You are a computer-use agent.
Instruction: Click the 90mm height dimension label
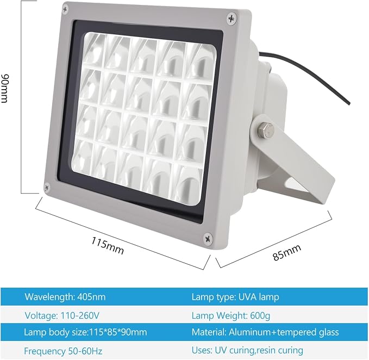pyautogui.click(x=5, y=89)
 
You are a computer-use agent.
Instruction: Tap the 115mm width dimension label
pyautogui.click(x=108, y=245)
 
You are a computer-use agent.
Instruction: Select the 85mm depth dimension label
pyautogui.click(x=287, y=253)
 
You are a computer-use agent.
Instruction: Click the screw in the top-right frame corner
pyautogui.click(x=232, y=18)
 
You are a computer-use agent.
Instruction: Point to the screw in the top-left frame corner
pyautogui.click(x=65, y=9)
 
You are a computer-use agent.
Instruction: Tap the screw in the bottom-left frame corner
pyautogui.click(x=47, y=187)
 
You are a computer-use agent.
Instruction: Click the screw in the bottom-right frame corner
pyautogui.click(x=208, y=238)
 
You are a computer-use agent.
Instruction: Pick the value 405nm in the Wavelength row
pyautogui.click(x=91, y=297)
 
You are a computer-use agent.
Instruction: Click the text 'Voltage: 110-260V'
pyautogui.click(x=62, y=315)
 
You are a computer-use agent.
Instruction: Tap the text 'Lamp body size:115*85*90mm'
pyautogui.click(x=85, y=332)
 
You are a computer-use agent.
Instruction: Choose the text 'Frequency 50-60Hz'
pyautogui.click(x=63, y=351)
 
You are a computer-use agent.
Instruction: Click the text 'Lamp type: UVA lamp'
pyautogui.click(x=235, y=297)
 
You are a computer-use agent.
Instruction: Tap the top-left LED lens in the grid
pyautogui.click(x=93, y=51)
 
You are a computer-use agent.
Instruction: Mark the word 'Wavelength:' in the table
pyautogui.click(x=49, y=297)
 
